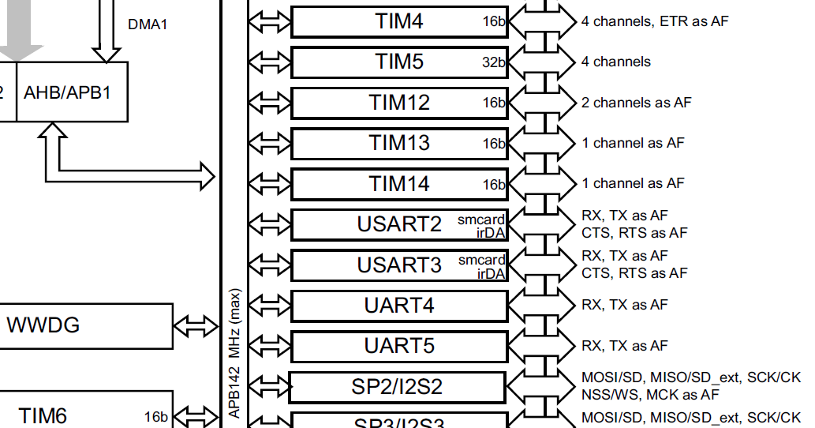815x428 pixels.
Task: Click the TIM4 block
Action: click(x=399, y=21)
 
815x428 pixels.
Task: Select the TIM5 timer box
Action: click(x=399, y=62)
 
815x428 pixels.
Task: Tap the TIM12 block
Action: click(x=399, y=103)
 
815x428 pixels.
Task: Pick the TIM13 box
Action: click(x=399, y=143)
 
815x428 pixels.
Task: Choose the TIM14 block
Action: click(x=399, y=184)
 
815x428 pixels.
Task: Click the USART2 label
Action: click(x=399, y=224)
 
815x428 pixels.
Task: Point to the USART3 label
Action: click(x=399, y=265)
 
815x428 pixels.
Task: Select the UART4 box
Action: click(x=399, y=306)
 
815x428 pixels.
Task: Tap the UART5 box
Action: click(x=399, y=346)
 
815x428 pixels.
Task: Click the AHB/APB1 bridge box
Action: click(x=71, y=93)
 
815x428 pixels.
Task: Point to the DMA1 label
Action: click(x=148, y=24)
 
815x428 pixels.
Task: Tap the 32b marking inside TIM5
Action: click(x=493, y=62)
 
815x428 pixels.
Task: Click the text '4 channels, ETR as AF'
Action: click(x=655, y=21)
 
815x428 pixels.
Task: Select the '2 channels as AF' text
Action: click(x=636, y=103)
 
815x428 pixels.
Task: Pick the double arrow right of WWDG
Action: click(x=196, y=325)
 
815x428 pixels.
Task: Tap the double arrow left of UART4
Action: click(x=270, y=306)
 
